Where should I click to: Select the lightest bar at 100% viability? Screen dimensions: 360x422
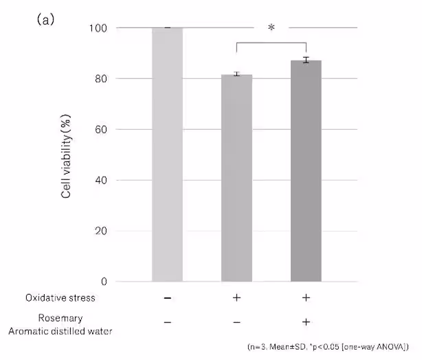click(167, 155)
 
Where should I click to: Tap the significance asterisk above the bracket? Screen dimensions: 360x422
click(271, 28)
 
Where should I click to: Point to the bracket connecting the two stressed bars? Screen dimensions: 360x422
click(271, 43)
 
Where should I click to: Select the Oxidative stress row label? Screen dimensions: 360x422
click(60, 298)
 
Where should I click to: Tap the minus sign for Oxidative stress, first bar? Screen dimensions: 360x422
click(167, 298)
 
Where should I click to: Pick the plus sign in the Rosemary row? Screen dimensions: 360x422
click(306, 322)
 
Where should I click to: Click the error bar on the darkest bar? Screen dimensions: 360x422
click(306, 60)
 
